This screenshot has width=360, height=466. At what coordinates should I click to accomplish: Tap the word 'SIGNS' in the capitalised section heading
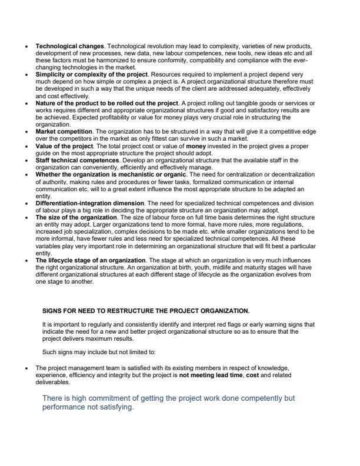click(52, 310)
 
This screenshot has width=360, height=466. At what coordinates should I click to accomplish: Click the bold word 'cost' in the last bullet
click(251, 374)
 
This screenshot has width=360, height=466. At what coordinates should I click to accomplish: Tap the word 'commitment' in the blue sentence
click(107, 398)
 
